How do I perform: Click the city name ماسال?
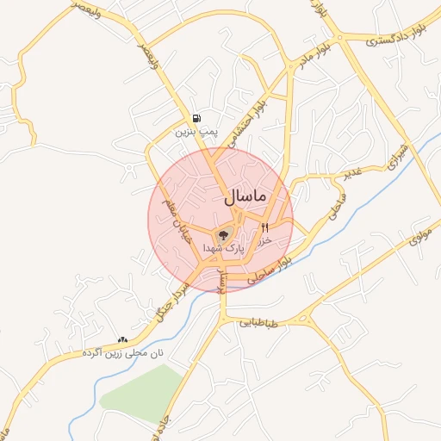(246, 197)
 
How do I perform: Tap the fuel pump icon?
(198, 119)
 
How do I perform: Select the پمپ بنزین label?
(193, 132)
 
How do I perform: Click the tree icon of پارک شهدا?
(223, 233)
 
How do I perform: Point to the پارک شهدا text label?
(224, 248)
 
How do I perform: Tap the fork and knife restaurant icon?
(264, 227)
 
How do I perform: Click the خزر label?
(264, 240)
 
